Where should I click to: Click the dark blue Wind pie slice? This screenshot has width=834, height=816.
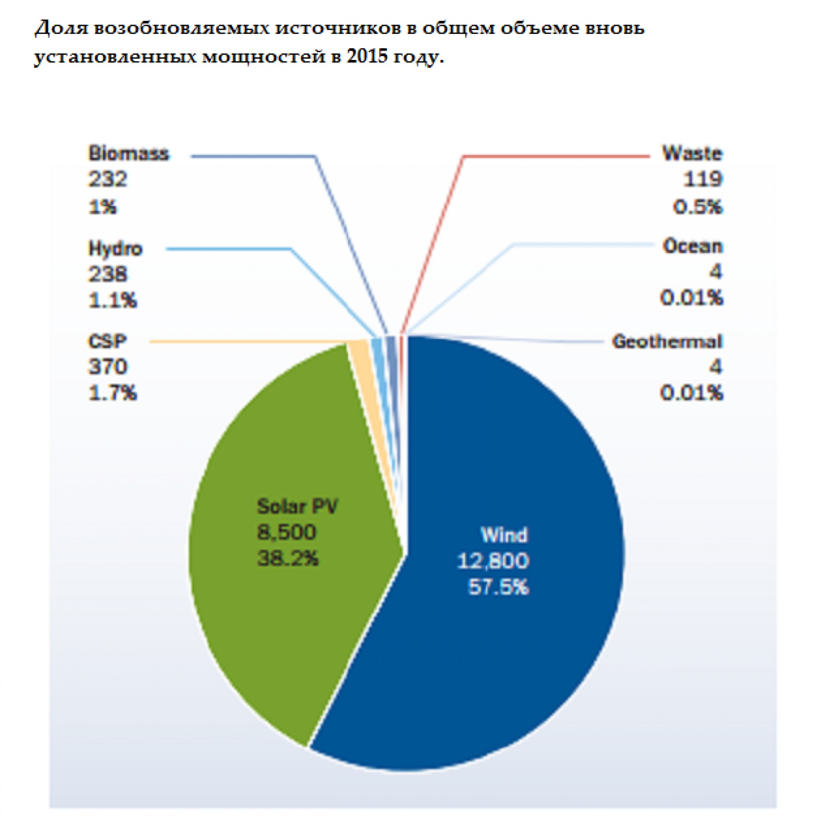[514, 643]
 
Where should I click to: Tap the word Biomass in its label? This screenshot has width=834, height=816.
[128, 153]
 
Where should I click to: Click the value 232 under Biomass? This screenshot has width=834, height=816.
[107, 179]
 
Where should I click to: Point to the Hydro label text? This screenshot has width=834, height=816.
[115, 249]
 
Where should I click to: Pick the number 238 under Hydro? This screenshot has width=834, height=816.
[107, 274]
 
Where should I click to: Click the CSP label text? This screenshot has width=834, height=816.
[107, 342]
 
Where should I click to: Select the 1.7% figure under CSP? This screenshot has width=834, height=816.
[112, 393]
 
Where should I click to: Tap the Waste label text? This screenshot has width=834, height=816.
[692, 153]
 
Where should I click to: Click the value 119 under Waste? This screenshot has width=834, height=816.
[702, 179]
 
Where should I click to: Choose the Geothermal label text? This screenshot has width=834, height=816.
[667, 342]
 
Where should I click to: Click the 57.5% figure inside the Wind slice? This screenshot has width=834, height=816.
[498, 587]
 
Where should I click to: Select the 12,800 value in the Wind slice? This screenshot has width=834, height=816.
[493, 561]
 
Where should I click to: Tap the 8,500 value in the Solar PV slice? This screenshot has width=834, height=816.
[286, 532]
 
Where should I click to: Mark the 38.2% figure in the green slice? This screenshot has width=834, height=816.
[288, 558]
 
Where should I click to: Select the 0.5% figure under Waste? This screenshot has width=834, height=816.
[697, 207]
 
